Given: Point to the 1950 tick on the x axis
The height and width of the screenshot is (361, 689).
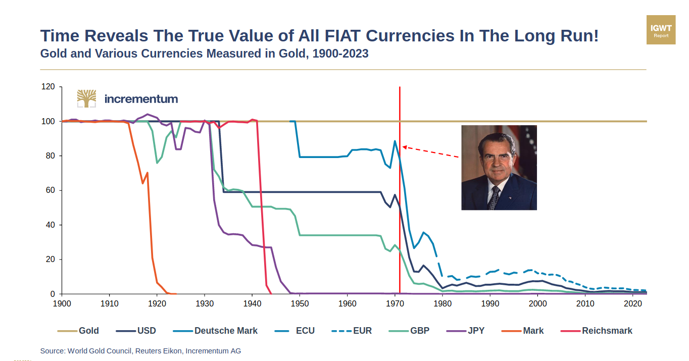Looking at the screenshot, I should click(300, 303).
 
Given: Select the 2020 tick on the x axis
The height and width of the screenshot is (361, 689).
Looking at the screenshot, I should click(632, 303).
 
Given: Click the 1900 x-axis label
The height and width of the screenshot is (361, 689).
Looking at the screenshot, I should click(62, 303).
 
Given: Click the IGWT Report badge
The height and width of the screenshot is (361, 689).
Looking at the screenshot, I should click(661, 30).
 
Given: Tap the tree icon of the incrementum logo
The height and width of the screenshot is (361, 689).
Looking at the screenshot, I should click(86, 98).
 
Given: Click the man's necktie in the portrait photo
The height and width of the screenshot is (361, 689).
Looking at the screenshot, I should click(494, 197).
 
